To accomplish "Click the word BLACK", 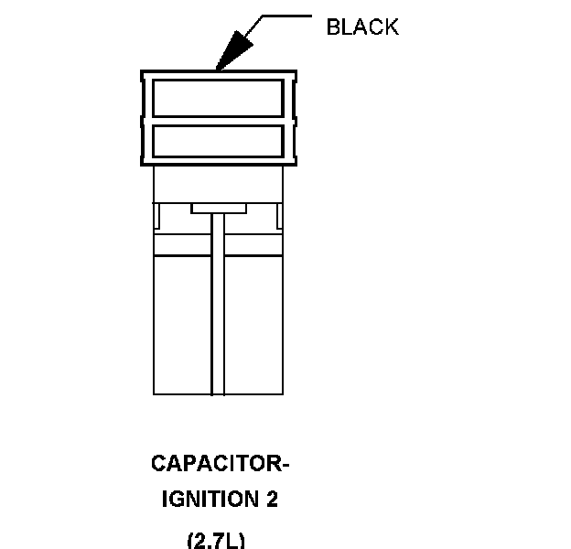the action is (362, 27).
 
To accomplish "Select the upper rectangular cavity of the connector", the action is (217, 98).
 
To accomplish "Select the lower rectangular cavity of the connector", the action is (217, 140).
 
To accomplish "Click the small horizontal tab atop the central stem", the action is (218, 209).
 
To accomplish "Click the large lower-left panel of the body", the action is (182, 325).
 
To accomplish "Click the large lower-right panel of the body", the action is (253, 325).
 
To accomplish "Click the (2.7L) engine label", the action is (216, 540).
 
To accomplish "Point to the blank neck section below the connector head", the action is (218, 183).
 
